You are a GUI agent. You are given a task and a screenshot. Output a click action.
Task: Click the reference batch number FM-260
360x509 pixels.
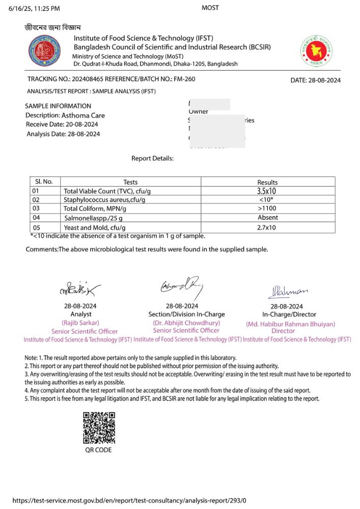[x=185, y=79]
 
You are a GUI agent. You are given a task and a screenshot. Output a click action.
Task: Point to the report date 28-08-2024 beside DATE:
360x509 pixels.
[x=323, y=80]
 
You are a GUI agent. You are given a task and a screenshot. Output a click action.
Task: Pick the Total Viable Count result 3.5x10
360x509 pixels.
[x=267, y=191]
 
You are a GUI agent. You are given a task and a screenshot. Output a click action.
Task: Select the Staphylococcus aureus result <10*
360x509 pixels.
[x=267, y=200]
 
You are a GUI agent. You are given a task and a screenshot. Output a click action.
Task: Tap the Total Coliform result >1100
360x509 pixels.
[x=267, y=209]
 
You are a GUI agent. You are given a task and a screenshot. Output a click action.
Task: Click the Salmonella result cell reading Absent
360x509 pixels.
[x=267, y=218]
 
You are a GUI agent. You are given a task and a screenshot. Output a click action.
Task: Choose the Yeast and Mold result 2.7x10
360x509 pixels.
[x=267, y=228]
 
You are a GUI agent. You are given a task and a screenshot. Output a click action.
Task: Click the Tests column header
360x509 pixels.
[x=130, y=182]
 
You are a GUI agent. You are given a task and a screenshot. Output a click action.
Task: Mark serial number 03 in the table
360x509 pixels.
[x=36, y=209]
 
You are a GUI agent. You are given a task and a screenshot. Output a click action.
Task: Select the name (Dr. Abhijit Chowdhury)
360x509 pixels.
[x=186, y=323]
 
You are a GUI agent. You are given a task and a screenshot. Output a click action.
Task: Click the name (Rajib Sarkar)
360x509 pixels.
[x=80, y=323]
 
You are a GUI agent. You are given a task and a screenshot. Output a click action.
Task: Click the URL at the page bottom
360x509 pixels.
[x=132, y=500]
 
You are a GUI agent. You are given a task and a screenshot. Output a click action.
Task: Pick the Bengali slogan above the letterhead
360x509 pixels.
[x=53, y=27]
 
